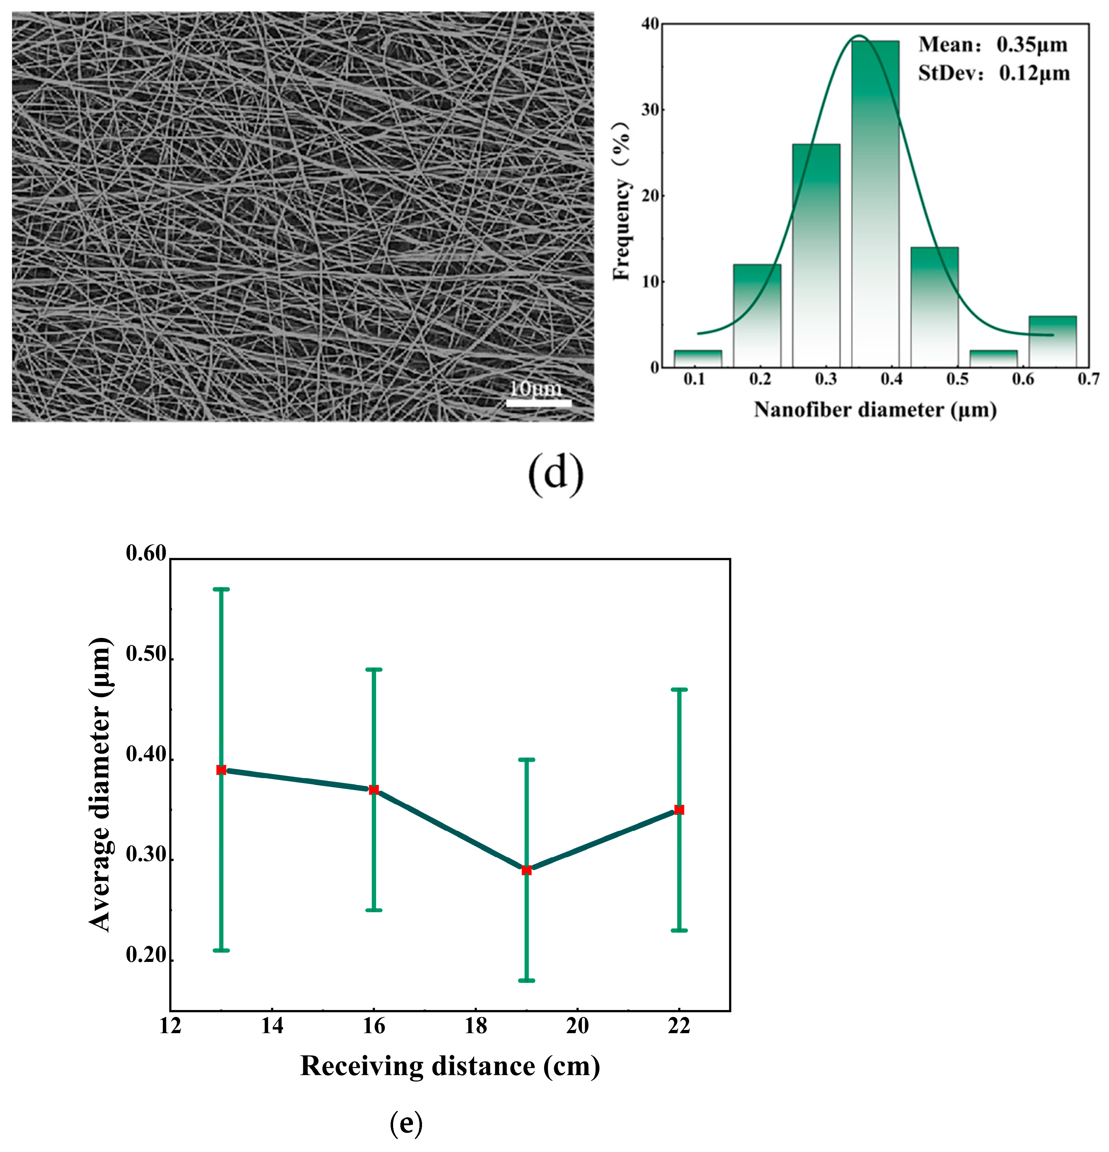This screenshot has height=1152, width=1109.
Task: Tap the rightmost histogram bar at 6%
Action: pos(1053,341)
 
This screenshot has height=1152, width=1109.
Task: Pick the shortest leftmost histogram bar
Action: pos(698,358)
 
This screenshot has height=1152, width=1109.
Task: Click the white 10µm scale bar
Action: pos(539,403)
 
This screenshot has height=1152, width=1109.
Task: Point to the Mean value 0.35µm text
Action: pos(993,45)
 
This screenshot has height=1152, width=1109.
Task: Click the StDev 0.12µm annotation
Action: pos(994,73)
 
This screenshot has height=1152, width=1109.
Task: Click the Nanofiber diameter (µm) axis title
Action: pos(875,410)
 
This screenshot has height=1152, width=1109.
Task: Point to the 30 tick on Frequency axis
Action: pos(650,110)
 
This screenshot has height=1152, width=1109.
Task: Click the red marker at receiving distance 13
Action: pos(221,770)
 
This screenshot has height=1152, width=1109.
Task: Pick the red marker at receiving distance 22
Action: pos(679,810)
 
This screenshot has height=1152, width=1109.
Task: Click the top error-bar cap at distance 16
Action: pos(374,669)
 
